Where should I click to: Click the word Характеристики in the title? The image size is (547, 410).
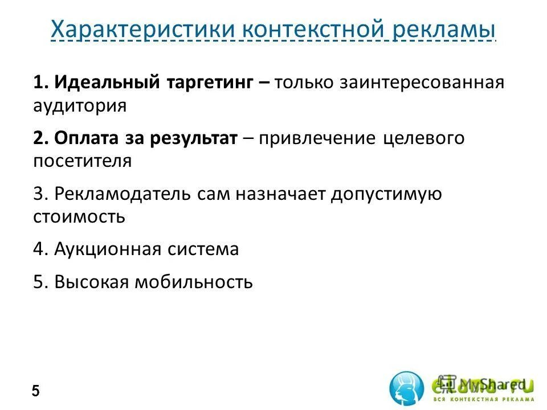142,29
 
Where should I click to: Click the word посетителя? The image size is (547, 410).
82,161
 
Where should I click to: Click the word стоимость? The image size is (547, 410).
79,217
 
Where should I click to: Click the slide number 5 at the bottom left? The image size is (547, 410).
36,391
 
